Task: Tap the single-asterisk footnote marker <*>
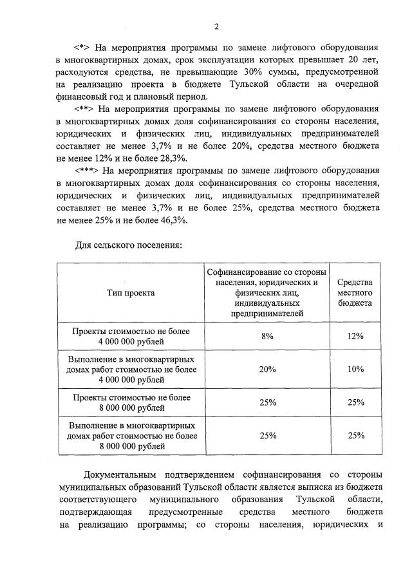pyautogui.click(x=82, y=48)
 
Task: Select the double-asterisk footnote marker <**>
pyautogui.click(x=84, y=109)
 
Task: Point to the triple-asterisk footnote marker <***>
pyautogui.click(x=87, y=171)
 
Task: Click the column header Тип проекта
pyautogui.click(x=131, y=292)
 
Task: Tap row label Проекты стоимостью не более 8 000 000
pyautogui.click(x=131, y=402)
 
